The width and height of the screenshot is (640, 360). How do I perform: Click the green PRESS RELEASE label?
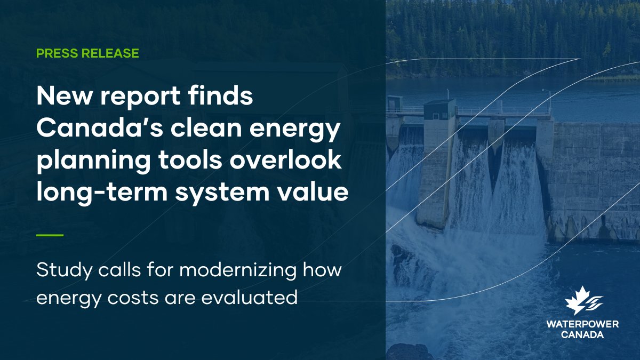pyautogui.click(x=87, y=53)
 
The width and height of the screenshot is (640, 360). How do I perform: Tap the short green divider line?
pyautogui.click(x=50, y=235)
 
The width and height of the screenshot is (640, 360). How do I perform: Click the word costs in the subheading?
pyautogui.click(x=132, y=298)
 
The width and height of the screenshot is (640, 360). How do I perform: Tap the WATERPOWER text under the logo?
pyautogui.click(x=582, y=325)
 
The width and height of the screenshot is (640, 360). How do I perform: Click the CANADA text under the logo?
pyautogui.click(x=582, y=335)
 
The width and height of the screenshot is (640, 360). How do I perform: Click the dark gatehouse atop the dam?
pyautogui.click(x=439, y=110)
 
